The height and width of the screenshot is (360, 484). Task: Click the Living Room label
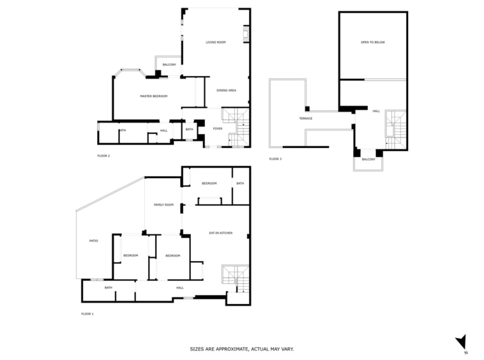click(215, 42)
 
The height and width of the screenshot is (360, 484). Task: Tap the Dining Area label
click(226, 91)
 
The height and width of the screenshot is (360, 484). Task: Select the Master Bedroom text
click(154, 96)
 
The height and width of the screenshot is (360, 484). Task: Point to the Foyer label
click(218, 129)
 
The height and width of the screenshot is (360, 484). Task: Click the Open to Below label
click(373, 42)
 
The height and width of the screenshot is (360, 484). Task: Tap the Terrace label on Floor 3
click(306, 119)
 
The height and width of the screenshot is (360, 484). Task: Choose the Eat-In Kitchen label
click(221, 233)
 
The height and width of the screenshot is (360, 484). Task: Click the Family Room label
click(163, 205)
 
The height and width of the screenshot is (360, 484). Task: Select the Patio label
click(93, 241)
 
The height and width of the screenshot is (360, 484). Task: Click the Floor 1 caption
click(87, 314)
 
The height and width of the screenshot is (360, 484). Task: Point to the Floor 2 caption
click(103, 156)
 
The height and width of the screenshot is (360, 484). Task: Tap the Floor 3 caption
click(275, 159)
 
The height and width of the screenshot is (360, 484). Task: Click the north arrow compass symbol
click(462, 343)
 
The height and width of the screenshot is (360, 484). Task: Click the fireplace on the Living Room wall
click(246, 33)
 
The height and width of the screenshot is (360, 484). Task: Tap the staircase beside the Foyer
click(236, 126)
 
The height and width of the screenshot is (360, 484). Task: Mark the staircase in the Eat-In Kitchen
click(235, 278)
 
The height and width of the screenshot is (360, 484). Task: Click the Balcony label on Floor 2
click(169, 64)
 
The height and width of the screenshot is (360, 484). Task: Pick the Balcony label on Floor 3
click(368, 160)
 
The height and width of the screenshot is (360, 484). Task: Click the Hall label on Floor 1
click(180, 288)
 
